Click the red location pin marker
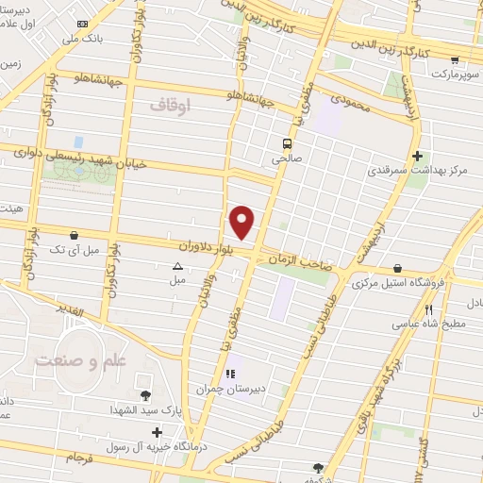242,222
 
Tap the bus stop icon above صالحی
284,144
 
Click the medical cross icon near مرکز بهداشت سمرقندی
416,157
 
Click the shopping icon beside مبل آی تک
75,234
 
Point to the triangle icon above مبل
177,266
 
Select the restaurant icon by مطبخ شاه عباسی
428,309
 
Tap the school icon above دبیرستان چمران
230,374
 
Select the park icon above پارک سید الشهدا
144,396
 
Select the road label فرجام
81,458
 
